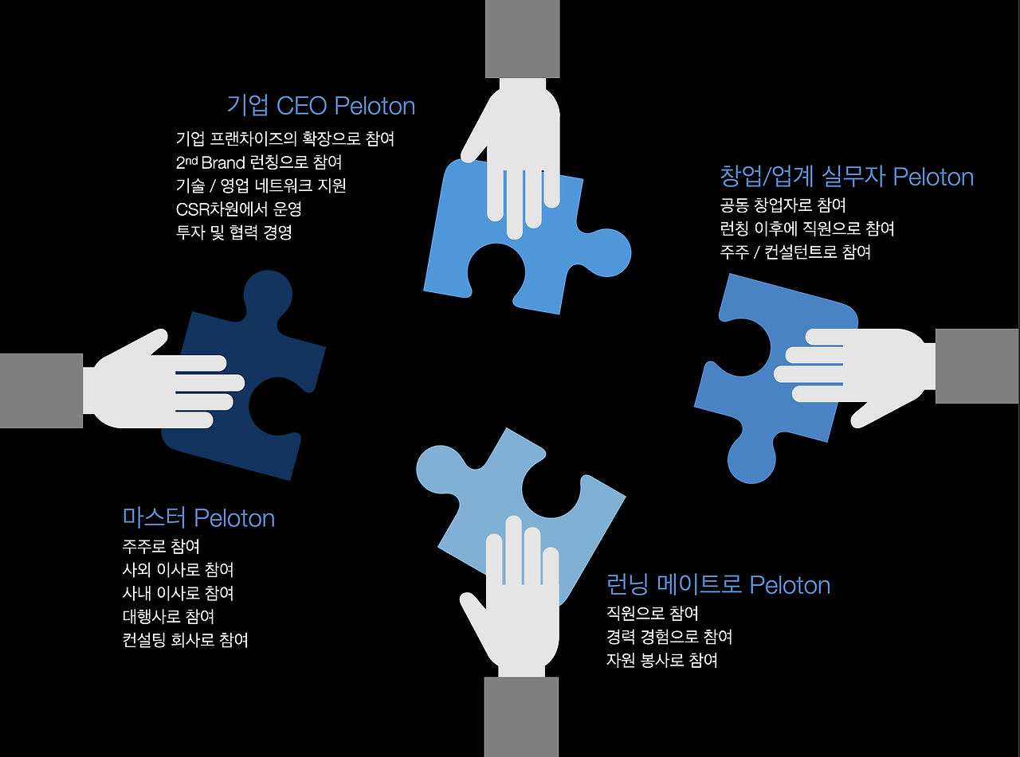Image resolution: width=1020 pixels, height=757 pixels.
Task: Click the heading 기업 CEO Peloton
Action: (320, 106)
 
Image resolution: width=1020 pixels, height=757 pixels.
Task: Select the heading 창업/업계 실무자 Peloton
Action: (846, 176)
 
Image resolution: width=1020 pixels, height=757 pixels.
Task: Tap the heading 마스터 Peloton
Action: (198, 518)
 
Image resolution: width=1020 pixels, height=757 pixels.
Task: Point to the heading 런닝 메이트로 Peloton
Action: (718, 585)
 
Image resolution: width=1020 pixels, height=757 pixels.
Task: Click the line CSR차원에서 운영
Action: (238, 209)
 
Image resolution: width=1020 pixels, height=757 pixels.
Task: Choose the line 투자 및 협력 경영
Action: (233, 233)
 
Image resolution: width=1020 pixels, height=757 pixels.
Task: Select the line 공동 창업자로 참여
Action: (783, 205)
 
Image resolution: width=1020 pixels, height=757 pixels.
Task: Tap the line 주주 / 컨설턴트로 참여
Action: (794, 252)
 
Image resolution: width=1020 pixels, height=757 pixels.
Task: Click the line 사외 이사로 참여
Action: (178, 570)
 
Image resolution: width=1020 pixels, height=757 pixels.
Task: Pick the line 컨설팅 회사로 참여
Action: (185, 640)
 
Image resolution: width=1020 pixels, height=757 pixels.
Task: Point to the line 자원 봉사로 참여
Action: (661, 661)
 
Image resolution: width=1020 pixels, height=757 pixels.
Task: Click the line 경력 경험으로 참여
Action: (669, 637)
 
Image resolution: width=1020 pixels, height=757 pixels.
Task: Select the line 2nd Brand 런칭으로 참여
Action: (258, 162)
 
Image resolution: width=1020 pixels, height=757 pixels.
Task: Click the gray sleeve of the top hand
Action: (522, 38)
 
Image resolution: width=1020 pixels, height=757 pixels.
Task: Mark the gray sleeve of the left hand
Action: (41, 391)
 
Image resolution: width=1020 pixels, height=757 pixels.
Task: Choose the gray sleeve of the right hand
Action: (977, 366)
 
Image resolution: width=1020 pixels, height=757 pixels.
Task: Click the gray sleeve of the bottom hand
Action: (521, 716)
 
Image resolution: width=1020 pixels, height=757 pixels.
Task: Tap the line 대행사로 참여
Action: (168, 617)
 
